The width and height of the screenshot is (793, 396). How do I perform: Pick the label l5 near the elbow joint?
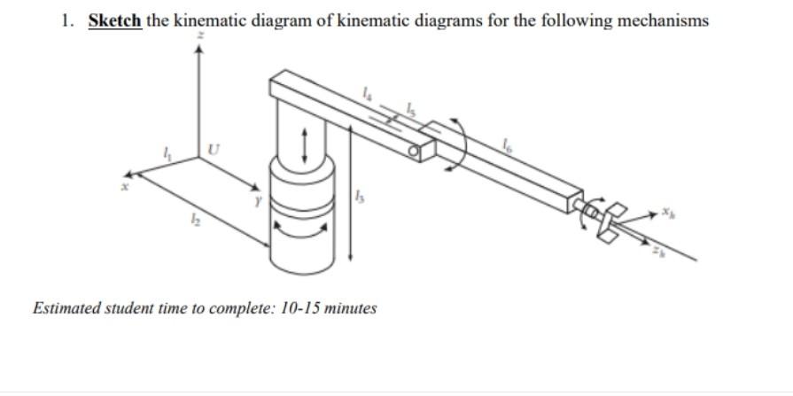pyautogui.click(x=409, y=108)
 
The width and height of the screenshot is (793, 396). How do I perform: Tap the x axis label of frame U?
pyautogui.click(x=126, y=186)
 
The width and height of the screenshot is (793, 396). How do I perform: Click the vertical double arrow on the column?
pyautogui.click(x=305, y=144)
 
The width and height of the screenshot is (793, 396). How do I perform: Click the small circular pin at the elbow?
pyautogui.click(x=412, y=153)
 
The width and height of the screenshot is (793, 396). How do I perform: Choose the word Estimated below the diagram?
pyautogui.click(x=66, y=308)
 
